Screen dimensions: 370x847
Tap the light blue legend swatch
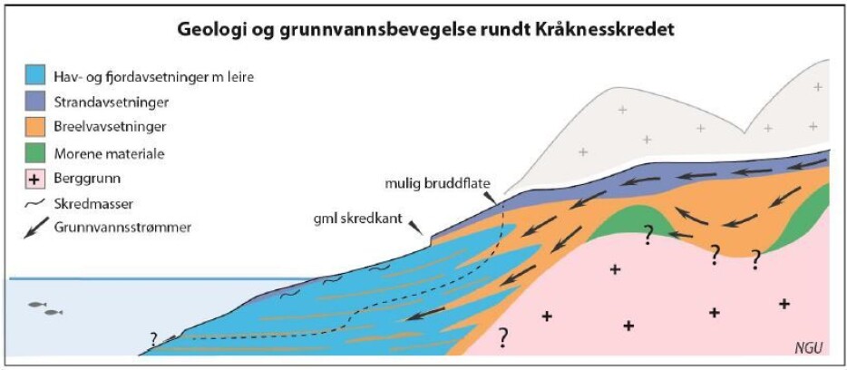(x=35, y=76)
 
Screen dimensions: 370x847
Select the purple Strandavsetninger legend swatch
(x=35, y=102)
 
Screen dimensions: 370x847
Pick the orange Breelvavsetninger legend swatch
(x=35, y=128)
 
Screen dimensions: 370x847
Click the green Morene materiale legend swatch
(x=35, y=154)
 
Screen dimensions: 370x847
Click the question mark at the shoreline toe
(x=154, y=339)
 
